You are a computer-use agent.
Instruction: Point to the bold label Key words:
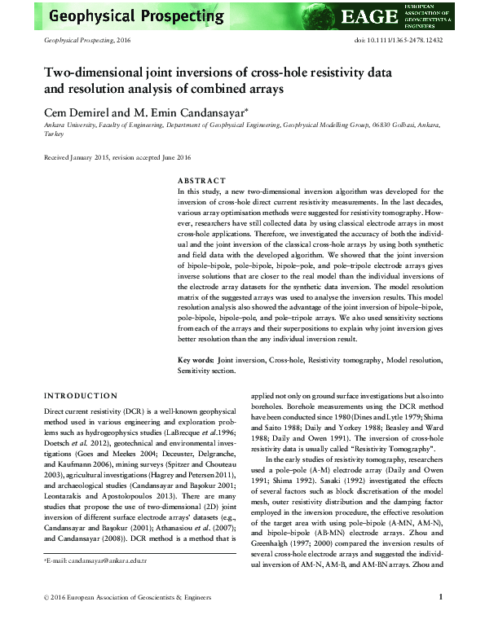(x=196, y=359)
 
